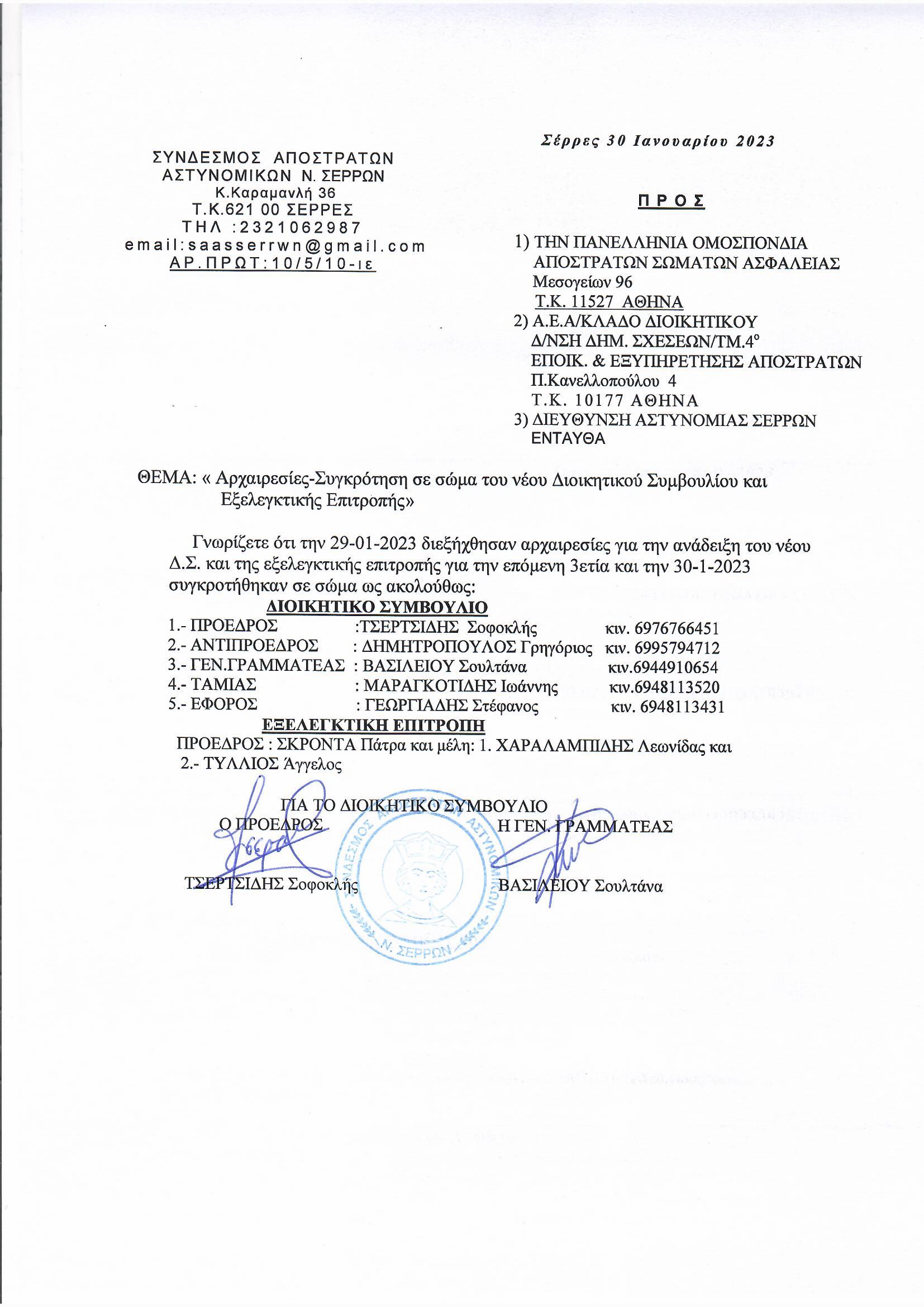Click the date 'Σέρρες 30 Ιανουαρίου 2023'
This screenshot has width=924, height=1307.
pos(657,141)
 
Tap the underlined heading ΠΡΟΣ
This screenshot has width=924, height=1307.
pos(671,201)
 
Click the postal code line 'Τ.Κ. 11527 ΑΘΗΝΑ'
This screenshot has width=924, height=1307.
pos(608,302)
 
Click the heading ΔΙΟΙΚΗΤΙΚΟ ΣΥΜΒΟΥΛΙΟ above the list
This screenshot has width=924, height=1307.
pos(377,607)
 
